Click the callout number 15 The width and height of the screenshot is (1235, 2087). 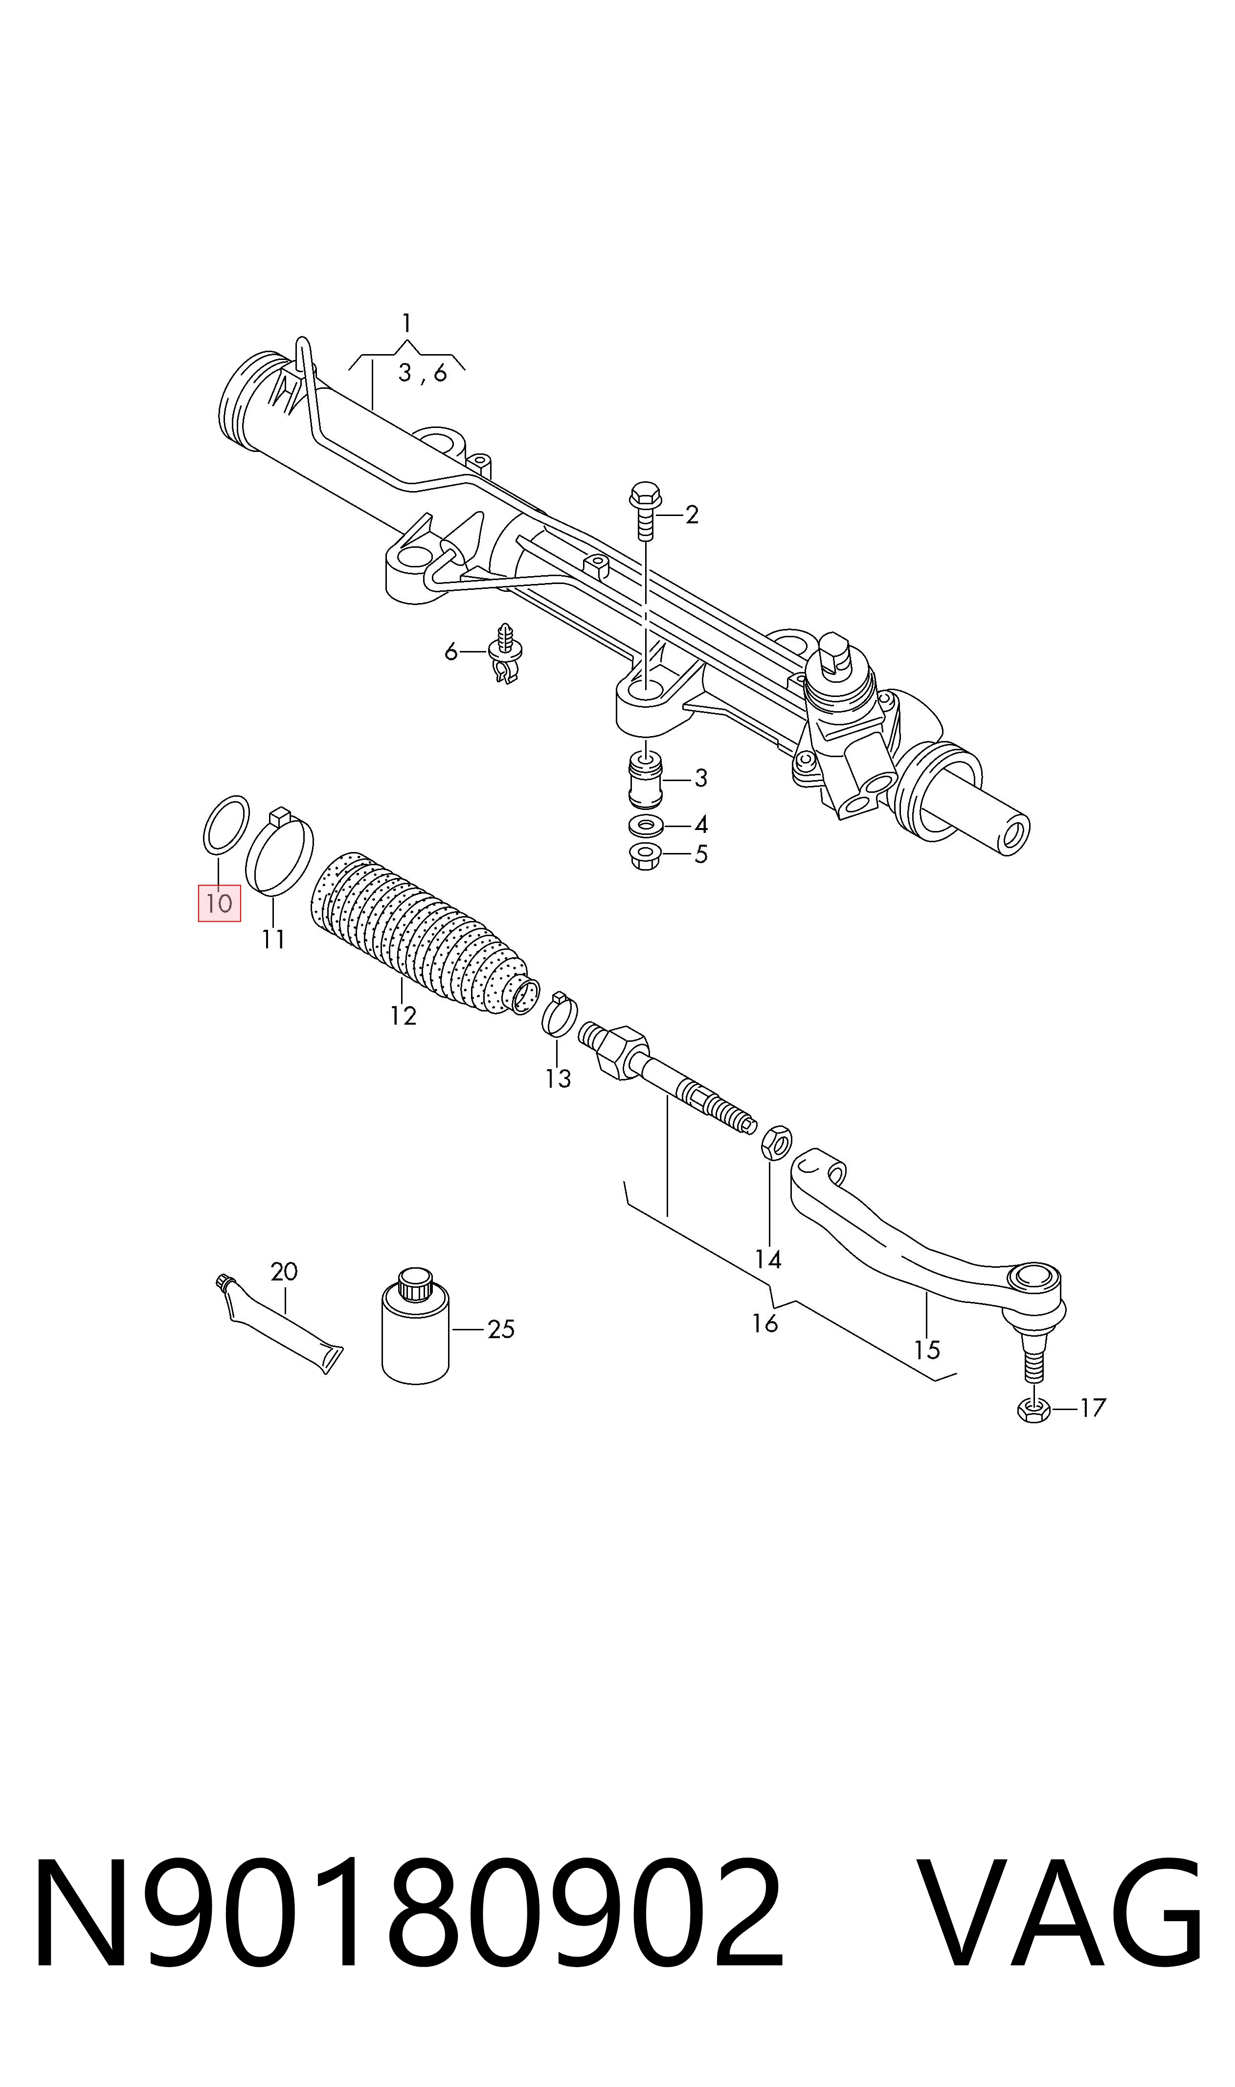(x=926, y=1349)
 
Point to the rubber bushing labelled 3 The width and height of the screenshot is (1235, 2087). (x=646, y=779)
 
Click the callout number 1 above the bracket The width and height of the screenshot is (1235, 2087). (x=406, y=322)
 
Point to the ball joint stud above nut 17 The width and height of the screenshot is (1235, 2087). (x=1033, y=1359)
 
